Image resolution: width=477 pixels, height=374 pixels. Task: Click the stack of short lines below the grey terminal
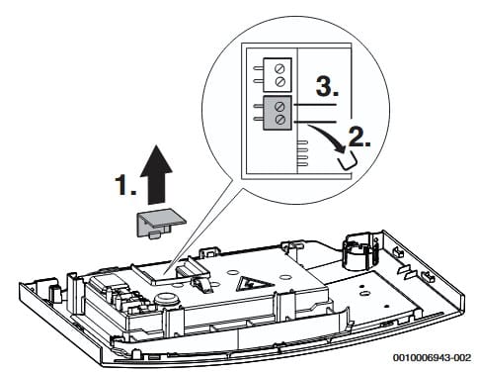coord(302,152)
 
